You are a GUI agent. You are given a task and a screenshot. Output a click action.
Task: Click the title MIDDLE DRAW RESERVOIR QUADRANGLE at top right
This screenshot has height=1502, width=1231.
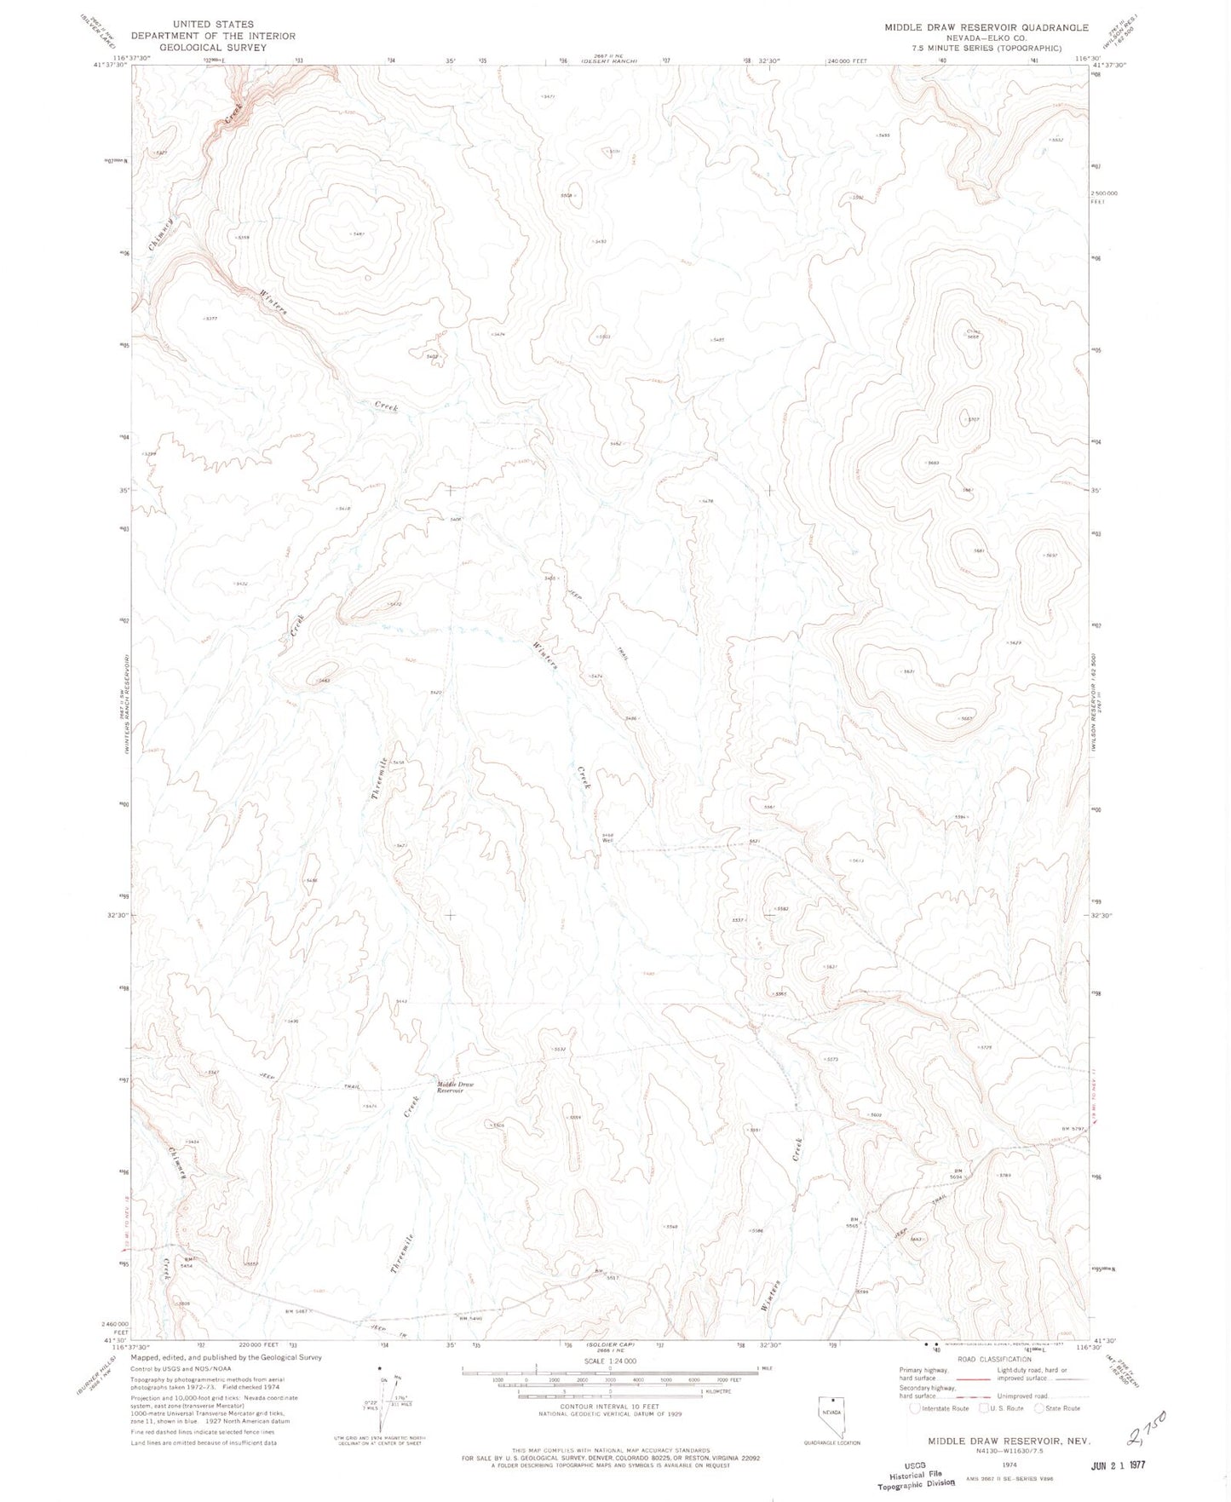pyautogui.click(x=986, y=27)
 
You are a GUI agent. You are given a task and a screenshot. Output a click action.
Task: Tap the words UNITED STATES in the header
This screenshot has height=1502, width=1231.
pyautogui.click(x=212, y=25)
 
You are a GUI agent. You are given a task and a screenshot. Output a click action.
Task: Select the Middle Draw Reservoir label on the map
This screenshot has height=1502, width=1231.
pyautogui.click(x=455, y=1087)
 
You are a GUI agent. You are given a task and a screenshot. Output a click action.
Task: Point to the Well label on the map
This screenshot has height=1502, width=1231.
pyautogui.click(x=607, y=840)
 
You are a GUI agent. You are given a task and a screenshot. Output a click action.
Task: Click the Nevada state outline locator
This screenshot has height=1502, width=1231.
pyautogui.click(x=831, y=1410)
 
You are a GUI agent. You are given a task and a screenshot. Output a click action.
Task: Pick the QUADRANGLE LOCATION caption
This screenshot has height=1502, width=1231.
pyautogui.click(x=831, y=1442)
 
